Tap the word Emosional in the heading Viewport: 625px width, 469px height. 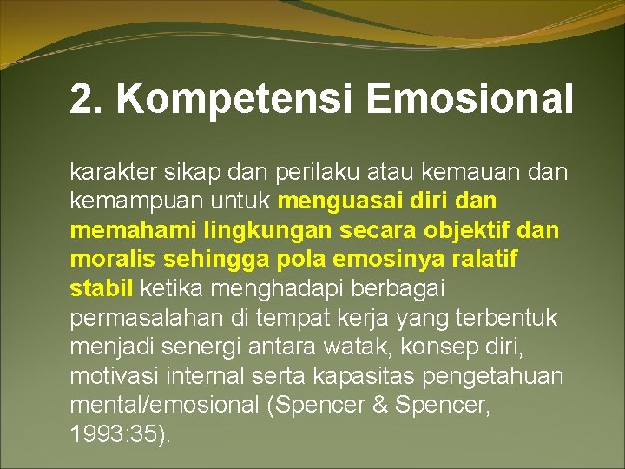click(470, 99)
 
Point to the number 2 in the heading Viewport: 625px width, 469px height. click(80, 99)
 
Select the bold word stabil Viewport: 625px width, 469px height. click(101, 288)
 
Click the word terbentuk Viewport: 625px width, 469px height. click(508, 318)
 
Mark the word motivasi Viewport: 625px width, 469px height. click(110, 377)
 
